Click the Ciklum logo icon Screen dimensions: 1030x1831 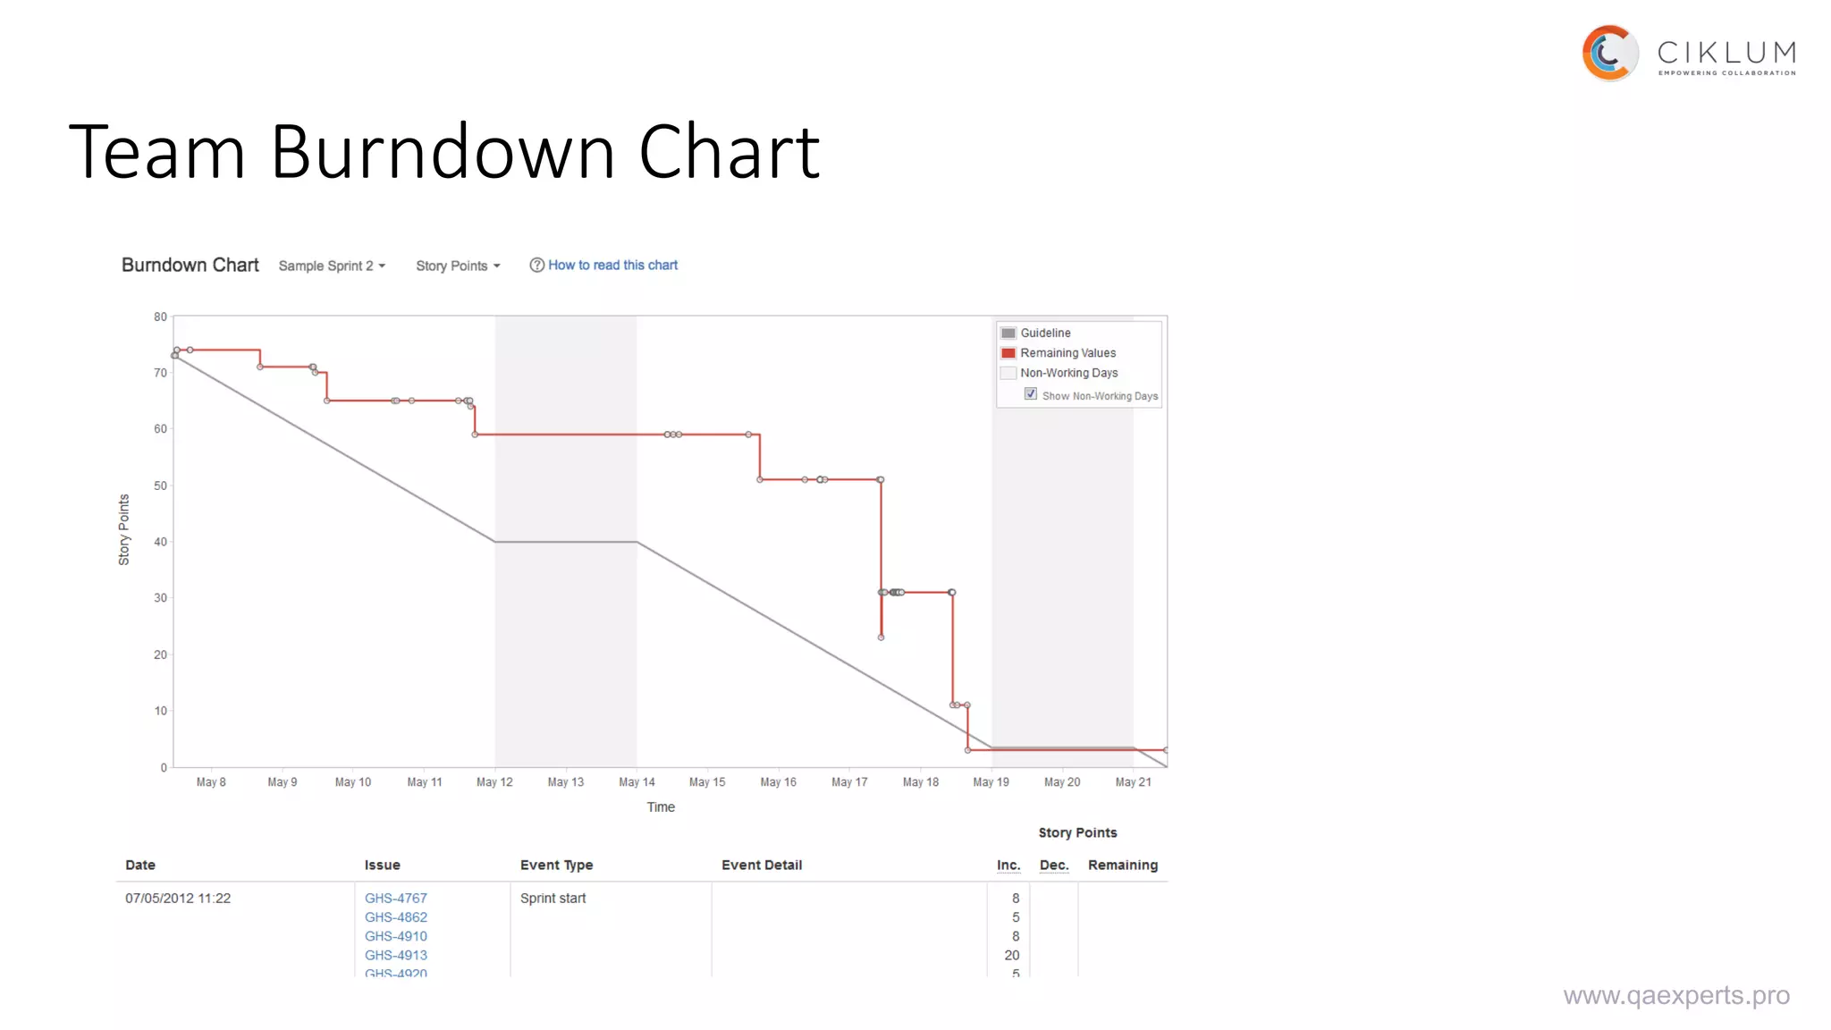point(1609,54)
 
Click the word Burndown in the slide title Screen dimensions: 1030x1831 point(443,152)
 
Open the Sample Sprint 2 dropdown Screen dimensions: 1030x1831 point(332,266)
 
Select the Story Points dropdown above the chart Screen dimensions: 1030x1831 point(458,266)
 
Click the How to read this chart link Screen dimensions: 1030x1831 point(612,266)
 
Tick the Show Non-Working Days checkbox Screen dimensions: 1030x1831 point(1031,394)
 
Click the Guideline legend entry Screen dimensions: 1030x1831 point(1045,333)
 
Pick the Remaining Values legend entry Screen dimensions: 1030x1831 point(1067,353)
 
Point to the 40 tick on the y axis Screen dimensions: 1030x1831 point(161,542)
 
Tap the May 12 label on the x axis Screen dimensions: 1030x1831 point(494,782)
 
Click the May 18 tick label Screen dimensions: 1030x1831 point(920,782)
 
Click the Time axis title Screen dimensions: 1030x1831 point(661,807)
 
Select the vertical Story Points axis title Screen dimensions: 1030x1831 point(124,530)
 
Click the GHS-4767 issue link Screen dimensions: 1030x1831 point(396,899)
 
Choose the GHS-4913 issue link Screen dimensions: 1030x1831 point(396,956)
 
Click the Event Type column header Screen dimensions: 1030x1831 point(556,865)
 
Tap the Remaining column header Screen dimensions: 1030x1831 point(1122,865)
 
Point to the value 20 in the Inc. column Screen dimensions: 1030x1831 point(1011,956)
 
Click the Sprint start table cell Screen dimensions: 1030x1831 point(553,899)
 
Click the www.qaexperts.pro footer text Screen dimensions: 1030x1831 point(1676,996)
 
